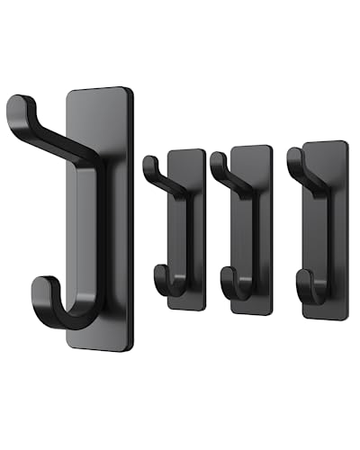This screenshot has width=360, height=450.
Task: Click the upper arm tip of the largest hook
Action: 17,109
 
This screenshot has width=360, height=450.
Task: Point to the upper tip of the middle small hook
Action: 215,160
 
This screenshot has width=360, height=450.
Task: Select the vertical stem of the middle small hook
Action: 245,234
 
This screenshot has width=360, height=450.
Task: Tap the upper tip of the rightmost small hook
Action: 292,154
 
